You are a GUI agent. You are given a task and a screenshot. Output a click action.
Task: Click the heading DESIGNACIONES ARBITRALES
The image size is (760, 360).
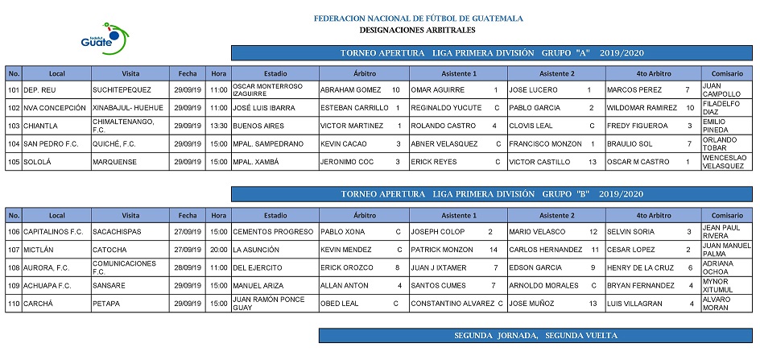pos(417,30)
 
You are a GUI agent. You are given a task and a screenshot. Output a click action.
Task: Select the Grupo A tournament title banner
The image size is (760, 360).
pos(491,53)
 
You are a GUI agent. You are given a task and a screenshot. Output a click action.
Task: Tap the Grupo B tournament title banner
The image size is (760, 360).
pos(491,195)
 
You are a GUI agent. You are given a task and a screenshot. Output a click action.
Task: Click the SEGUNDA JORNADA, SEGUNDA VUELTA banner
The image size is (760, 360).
pos(535,335)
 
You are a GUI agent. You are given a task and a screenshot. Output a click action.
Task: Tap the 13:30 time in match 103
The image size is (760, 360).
pos(219,126)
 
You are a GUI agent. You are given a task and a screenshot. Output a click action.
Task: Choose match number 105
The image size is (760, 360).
pos(14,161)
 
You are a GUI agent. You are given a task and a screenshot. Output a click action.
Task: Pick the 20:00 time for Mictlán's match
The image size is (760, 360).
pos(219,250)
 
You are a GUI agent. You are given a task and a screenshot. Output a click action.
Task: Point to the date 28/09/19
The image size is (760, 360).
pos(187,267)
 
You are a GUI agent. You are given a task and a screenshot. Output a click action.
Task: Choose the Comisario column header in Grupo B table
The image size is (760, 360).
pos(727,215)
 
